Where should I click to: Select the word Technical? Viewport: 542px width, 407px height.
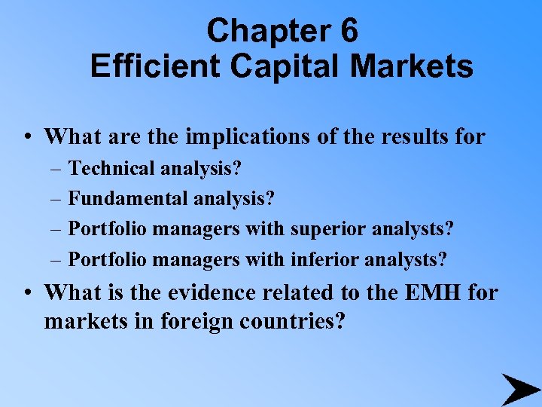click(x=112, y=168)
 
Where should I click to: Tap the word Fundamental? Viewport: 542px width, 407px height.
click(x=129, y=199)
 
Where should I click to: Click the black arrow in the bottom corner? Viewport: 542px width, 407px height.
click(x=520, y=389)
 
